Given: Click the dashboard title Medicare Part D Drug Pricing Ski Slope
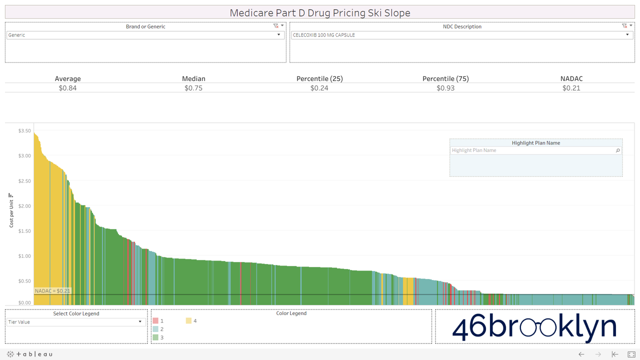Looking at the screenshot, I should [x=320, y=12].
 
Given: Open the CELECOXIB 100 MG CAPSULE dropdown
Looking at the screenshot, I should [x=461, y=35].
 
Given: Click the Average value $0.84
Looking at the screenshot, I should [x=67, y=88].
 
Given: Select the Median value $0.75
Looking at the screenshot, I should [x=193, y=88].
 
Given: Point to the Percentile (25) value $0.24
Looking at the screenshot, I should [x=319, y=88].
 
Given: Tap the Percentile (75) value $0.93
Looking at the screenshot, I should [x=445, y=88].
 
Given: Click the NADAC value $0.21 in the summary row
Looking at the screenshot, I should [x=571, y=88].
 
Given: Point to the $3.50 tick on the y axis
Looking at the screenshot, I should [x=24, y=131].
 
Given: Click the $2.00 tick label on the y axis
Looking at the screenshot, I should [x=24, y=206].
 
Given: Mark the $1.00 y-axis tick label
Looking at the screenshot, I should [x=24, y=256].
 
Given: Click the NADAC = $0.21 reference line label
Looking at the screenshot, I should [x=52, y=291].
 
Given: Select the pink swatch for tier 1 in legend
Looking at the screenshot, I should [x=155, y=321].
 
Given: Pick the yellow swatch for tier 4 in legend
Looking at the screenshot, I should [x=188, y=321].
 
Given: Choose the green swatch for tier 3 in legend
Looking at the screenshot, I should [x=155, y=337].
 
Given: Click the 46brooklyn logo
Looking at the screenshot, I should [x=534, y=327].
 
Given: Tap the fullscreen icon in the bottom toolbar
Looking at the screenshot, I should [x=631, y=354].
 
